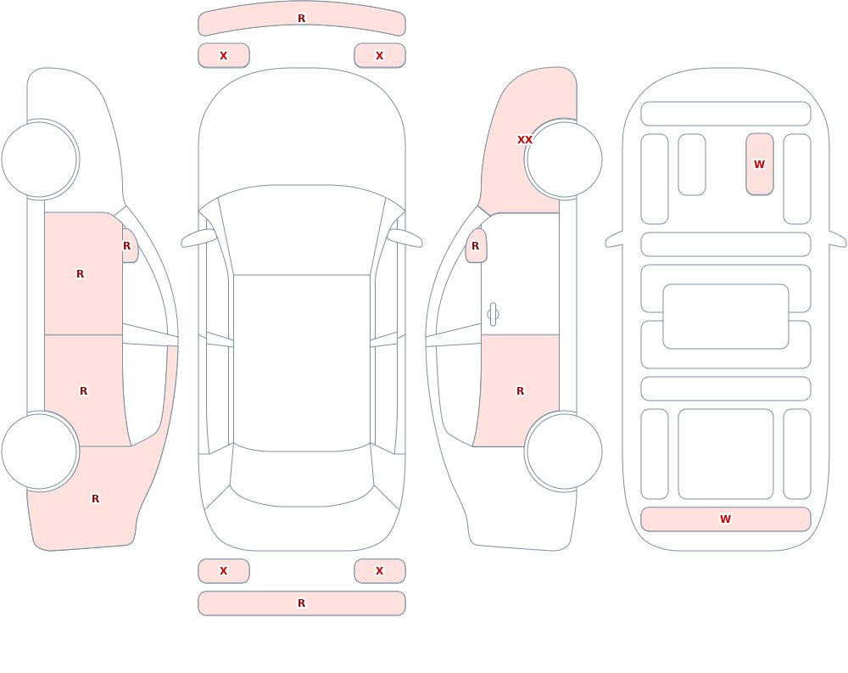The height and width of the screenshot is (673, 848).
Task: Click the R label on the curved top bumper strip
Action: (301, 19)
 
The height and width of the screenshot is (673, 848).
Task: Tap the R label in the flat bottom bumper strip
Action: (301, 603)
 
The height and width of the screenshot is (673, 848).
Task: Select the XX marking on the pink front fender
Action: (525, 140)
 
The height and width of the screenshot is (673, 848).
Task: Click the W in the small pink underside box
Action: (759, 164)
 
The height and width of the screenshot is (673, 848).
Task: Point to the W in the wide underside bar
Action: (725, 519)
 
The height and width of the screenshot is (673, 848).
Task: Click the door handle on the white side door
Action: (493, 315)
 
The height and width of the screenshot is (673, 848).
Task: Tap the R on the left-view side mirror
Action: (126, 246)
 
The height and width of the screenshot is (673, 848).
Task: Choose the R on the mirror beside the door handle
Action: (476, 246)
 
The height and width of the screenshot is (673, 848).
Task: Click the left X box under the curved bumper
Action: (223, 55)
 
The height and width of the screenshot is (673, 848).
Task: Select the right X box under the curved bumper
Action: (380, 55)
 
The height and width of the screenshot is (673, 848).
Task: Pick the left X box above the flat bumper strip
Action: (223, 570)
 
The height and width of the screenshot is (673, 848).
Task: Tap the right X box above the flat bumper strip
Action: (380, 570)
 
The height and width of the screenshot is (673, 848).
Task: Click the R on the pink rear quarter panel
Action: (95, 499)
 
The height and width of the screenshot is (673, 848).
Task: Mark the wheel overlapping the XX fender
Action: (564, 160)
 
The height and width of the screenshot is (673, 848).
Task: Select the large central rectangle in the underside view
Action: (726, 317)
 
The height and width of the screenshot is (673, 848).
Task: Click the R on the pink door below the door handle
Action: (521, 391)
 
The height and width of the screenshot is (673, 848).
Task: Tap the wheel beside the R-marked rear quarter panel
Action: (40, 451)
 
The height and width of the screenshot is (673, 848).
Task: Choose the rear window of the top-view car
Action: (302, 476)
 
